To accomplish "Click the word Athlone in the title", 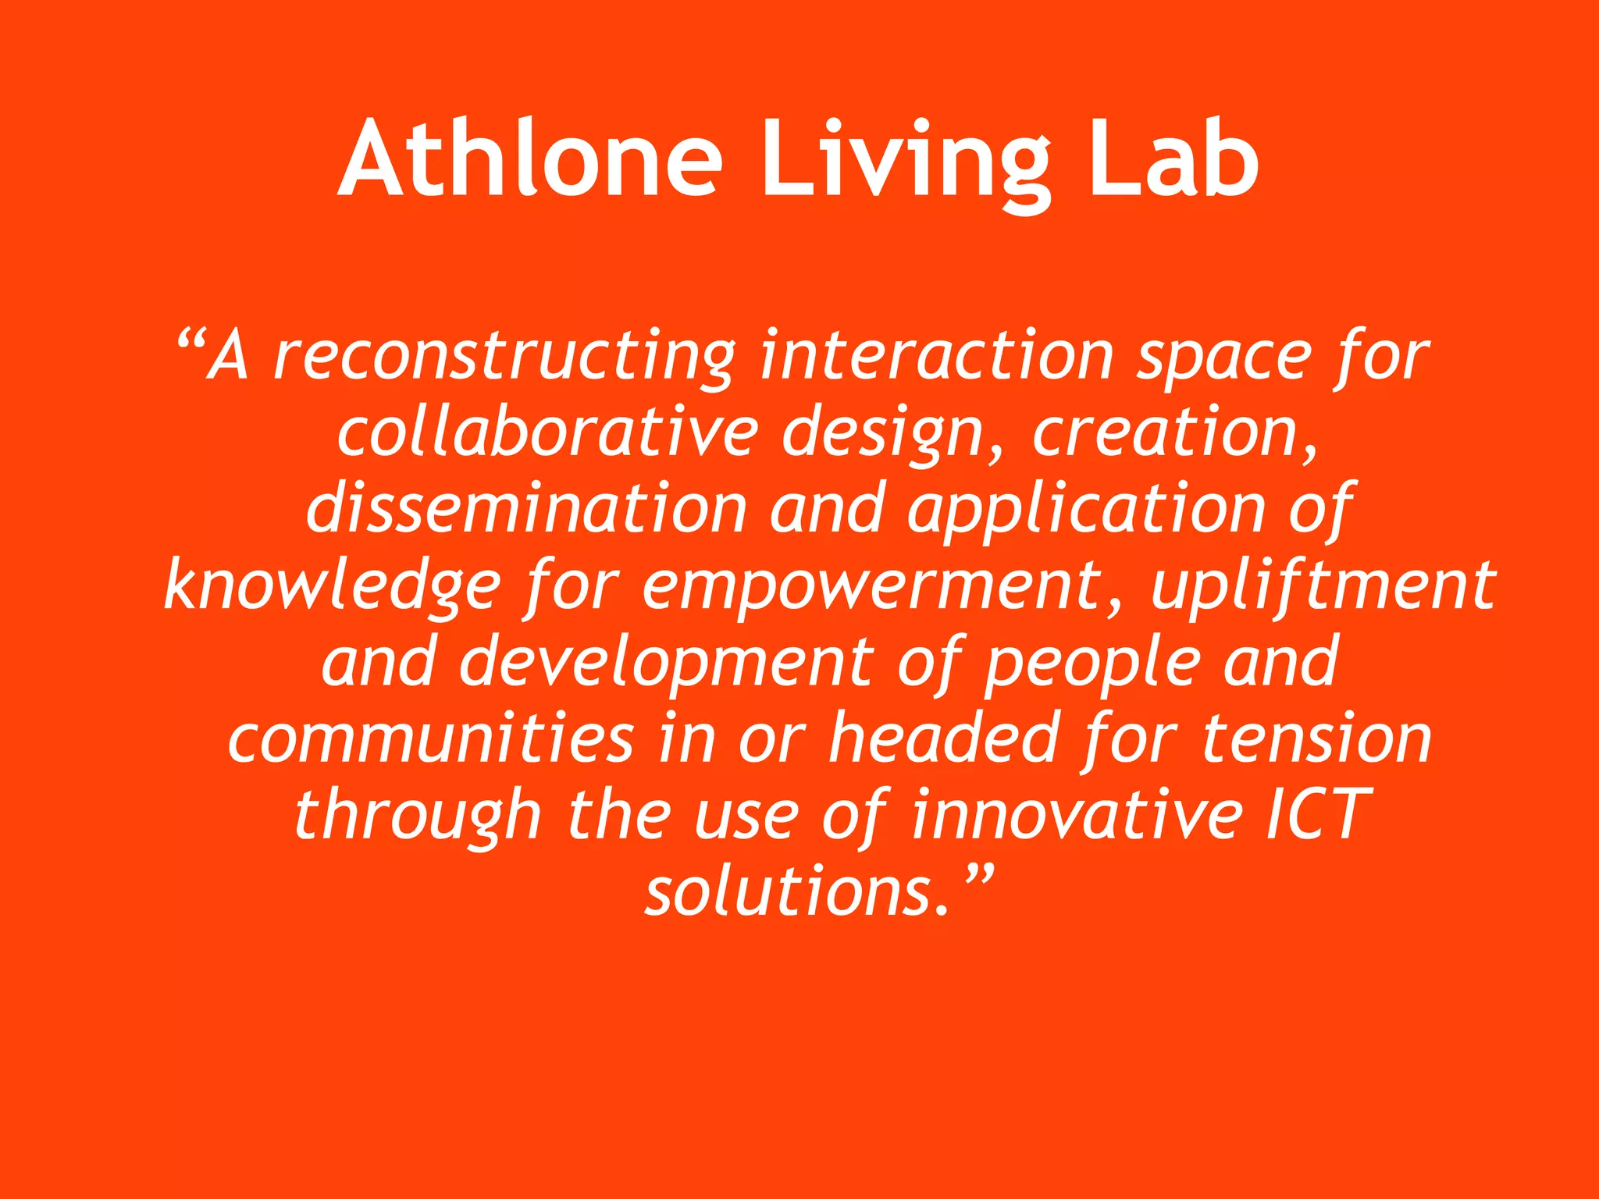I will tap(530, 160).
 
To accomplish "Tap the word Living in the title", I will tap(905, 164).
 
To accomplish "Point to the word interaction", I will tap(936, 355).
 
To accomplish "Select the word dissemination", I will tap(527, 509).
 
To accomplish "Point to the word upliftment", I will tap(1323, 585).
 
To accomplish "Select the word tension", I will tap(1316, 738).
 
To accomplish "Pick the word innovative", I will tap(1077, 814).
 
